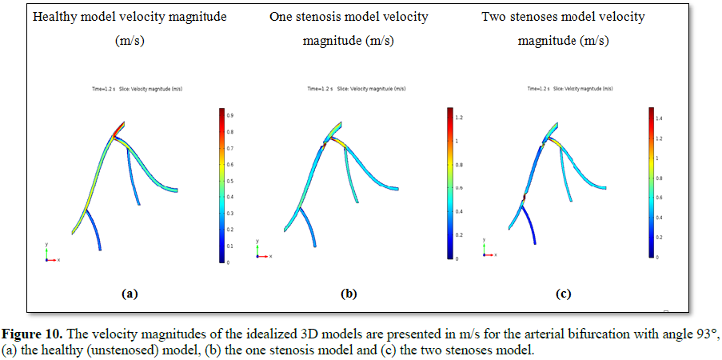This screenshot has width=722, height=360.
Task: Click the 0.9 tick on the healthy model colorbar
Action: (x=229, y=116)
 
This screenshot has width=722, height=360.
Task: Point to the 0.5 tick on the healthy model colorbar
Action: (x=229, y=181)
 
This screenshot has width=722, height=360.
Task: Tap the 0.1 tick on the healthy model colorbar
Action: (x=229, y=246)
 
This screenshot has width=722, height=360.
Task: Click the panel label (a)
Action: (x=130, y=294)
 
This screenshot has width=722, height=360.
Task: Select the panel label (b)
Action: (x=349, y=294)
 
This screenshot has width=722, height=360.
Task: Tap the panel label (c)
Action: (x=563, y=294)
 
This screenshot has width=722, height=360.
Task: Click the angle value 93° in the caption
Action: (x=705, y=334)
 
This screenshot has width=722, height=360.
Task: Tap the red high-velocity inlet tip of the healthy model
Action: (x=122, y=126)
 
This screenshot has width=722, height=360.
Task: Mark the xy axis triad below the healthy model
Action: (x=50, y=254)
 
